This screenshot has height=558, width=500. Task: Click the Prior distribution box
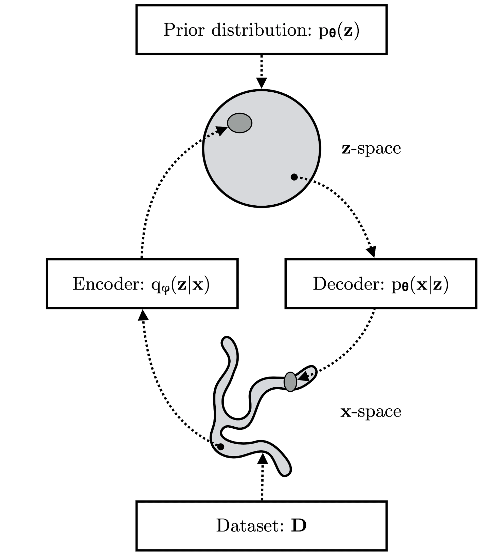point(261,30)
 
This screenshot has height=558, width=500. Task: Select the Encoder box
point(142,284)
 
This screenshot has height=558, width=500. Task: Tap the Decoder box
point(381,284)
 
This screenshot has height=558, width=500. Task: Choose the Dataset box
point(261,525)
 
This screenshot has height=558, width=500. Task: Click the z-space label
point(371,149)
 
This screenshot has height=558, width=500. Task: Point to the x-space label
point(371,411)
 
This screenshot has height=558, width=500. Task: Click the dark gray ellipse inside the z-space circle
point(240,123)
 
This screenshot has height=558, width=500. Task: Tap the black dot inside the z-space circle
point(294,177)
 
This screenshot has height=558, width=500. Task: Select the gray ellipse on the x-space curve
point(290,382)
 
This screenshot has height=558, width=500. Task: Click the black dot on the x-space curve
point(220,447)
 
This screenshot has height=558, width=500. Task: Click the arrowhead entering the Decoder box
point(371,252)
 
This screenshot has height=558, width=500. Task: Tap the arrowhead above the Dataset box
point(262,458)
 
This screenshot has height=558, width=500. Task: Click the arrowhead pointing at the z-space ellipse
point(221,131)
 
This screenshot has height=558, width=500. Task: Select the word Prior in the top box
point(183,30)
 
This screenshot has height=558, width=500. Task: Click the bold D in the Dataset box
point(299,525)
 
